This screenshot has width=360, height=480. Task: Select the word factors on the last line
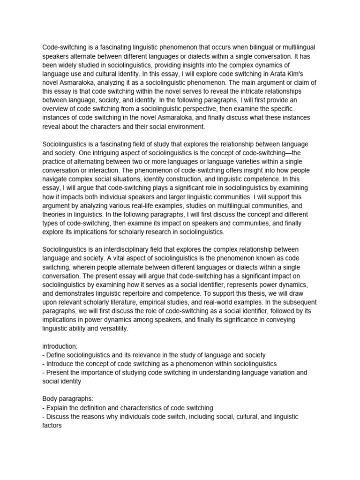point(52,426)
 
